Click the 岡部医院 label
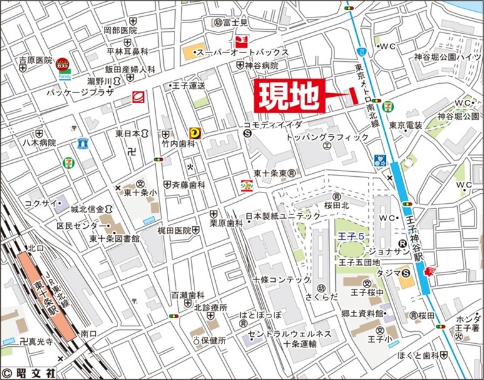point(120,30)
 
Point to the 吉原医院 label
point(36,60)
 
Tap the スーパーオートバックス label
point(243,52)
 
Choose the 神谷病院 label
point(262,65)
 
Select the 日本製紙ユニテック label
point(283,216)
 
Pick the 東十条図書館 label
point(114,238)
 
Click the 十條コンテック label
point(282,279)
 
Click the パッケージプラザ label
point(80,92)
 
